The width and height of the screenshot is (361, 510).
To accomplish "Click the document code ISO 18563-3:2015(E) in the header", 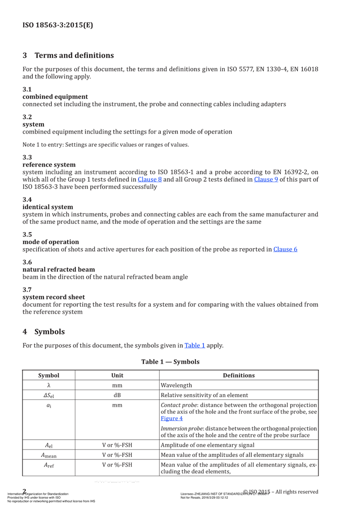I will click(x=57, y=25).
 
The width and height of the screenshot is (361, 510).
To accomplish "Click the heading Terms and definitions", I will click(x=74, y=56).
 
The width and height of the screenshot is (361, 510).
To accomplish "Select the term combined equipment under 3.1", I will click(x=55, y=97).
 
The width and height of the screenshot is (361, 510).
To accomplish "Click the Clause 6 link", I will click(x=285, y=249).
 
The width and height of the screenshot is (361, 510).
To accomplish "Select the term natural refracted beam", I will click(x=59, y=269).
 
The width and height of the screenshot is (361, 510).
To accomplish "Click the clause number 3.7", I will click(x=27, y=290).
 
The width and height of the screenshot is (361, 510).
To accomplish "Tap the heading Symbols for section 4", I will click(x=50, y=332).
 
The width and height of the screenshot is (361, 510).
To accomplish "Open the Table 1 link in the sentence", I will click(x=194, y=346).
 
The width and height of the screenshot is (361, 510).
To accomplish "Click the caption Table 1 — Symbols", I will click(x=170, y=362).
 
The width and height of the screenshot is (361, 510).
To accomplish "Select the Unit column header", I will click(x=117, y=376).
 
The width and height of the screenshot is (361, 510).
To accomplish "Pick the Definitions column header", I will click(x=239, y=376).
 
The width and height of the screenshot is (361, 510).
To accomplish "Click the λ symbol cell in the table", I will click(x=48, y=385).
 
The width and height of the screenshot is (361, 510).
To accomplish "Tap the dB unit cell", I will click(x=117, y=395).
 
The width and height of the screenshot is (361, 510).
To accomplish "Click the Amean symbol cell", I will click(x=48, y=454).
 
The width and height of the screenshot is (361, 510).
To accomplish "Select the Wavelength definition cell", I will click(x=176, y=385).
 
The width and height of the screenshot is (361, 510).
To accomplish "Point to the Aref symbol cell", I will click(x=48, y=464).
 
